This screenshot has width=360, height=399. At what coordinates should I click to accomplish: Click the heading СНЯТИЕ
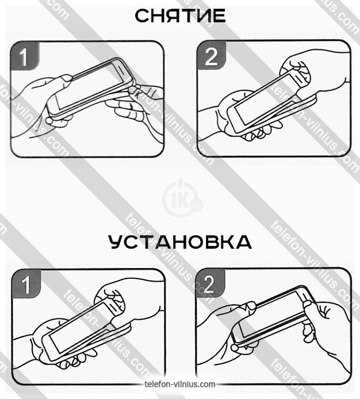tap(180, 16)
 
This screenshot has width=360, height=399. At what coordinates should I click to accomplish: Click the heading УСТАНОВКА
tap(180, 242)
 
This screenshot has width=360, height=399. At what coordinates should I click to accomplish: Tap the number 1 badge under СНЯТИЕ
tap(25, 56)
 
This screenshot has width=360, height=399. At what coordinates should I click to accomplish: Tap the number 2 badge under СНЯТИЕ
tap(212, 55)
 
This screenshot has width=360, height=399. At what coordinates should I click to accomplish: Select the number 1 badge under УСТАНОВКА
tap(26, 284)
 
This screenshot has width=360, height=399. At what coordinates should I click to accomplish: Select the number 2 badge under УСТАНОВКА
tap(210, 283)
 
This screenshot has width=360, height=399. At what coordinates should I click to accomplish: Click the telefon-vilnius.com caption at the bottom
tap(180, 384)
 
